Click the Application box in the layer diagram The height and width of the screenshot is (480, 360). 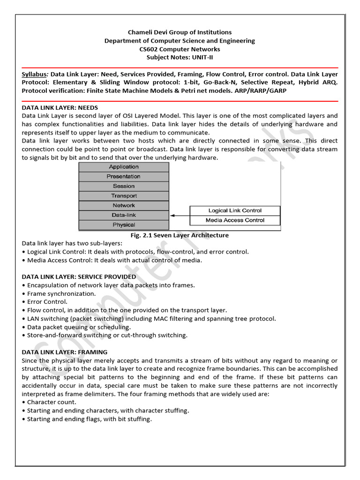[x=124, y=167]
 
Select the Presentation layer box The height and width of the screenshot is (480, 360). [x=124, y=177]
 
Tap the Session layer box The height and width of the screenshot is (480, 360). [x=124, y=186]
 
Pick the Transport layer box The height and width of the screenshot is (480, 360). [x=124, y=196]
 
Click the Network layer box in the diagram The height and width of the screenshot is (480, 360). [x=124, y=205]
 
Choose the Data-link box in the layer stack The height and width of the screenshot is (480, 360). [x=124, y=215]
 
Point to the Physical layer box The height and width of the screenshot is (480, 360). [x=124, y=225]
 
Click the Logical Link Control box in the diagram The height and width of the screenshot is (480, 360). [x=235, y=210]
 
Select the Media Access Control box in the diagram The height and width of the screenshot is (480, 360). [x=235, y=220]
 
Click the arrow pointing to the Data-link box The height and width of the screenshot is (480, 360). [x=180, y=216]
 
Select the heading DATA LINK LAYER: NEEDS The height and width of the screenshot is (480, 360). [x=60, y=107]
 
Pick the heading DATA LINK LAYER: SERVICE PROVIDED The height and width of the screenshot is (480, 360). [x=79, y=277]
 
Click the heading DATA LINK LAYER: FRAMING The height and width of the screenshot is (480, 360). [x=65, y=352]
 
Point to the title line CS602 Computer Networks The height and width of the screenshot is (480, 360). [x=180, y=49]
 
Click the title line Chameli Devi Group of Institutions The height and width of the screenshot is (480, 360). [x=180, y=32]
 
